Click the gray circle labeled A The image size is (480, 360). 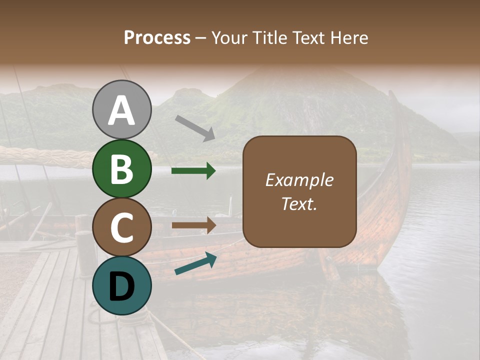tap(121, 109)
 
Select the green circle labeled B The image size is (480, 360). tap(121, 168)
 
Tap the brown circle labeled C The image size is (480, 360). tap(121, 227)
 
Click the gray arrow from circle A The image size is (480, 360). tap(195, 127)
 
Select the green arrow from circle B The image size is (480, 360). tap(193, 171)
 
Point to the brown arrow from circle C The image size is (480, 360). tap(193, 225)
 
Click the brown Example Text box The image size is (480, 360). tap(299, 191)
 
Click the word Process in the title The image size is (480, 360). tap(157, 37)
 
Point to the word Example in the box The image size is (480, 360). tap(299, 180)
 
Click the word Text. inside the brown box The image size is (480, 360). tap(299, 203)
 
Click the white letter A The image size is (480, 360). tap(121, 110)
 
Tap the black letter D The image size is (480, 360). tap(121, 286)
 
